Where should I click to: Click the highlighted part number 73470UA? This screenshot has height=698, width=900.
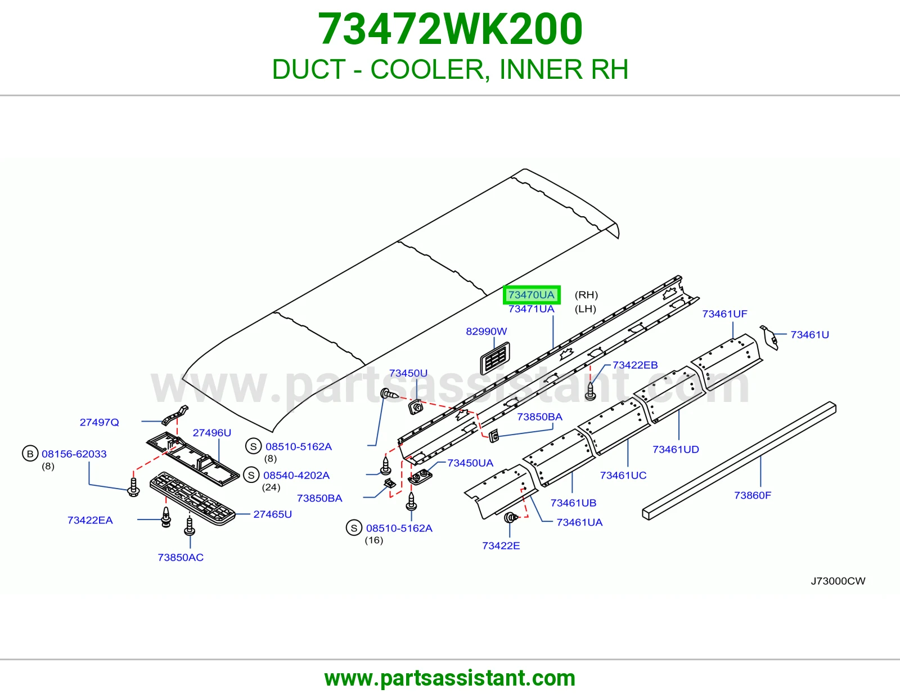(x=532, y=295)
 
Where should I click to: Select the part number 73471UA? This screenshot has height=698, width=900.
(x=532, y=309)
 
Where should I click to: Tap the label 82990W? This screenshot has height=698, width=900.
(x=486, y=331)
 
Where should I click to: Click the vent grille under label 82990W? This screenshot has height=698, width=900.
(x=495, y=358)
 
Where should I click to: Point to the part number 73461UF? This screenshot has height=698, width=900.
(x=725, y=314)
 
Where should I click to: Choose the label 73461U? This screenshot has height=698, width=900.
(x=809, y=334)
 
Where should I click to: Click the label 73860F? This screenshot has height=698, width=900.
(x=753, y=495)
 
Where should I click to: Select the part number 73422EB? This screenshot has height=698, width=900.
(x=635, y=365)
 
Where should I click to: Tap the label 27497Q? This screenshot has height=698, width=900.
(x=100, y=422)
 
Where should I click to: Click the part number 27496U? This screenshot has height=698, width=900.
(x=212, y=432)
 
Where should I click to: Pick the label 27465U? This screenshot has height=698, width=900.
(x=272, y=514)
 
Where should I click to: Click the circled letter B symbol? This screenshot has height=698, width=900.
(x=30, y=454)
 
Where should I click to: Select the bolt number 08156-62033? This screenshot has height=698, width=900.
(x=74, y=454)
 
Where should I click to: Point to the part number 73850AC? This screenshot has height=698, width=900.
(x=181, y=557)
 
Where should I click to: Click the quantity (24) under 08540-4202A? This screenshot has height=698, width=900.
(x=271, y=487)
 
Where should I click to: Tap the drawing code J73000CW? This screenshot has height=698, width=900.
(x=838, y=581)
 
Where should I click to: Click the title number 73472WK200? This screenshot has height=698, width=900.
(x=450, y=29)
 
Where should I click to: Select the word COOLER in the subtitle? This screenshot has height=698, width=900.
(x=427, y=69)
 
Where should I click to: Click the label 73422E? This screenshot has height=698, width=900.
(x=501, y=545)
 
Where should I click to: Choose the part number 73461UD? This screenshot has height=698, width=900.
(x=676, y=449)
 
